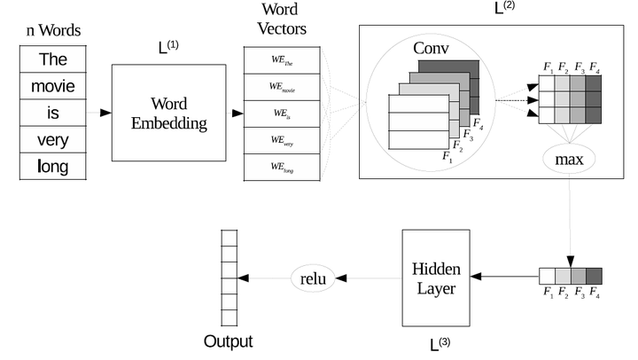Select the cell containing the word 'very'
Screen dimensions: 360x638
point(52,139)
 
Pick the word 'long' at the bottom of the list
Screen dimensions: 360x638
point(52,166)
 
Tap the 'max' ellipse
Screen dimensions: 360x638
point(569,161)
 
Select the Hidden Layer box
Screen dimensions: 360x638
point(434,278)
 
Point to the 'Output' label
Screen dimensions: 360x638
point(228,341)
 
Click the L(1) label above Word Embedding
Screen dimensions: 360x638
point(168,47)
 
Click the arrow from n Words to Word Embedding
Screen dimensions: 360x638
point(98,113)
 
